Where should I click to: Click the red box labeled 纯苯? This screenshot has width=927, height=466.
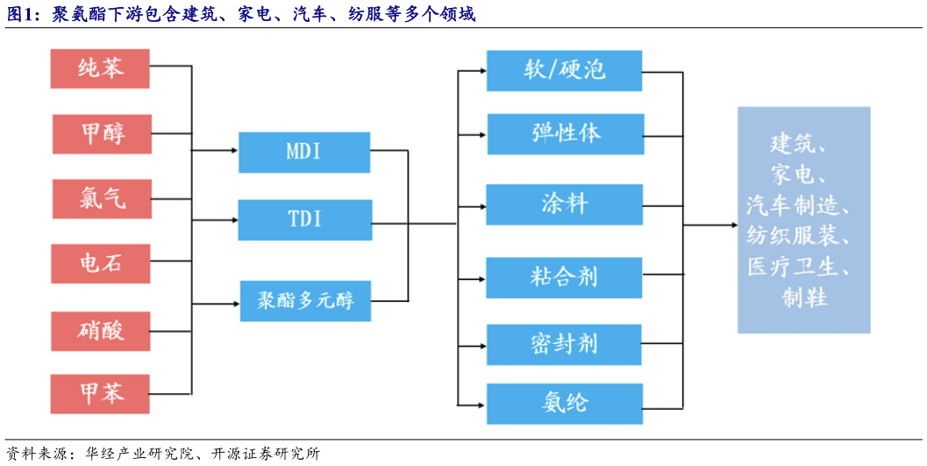pos(100,68)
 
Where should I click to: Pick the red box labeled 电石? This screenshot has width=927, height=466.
pos(100,263)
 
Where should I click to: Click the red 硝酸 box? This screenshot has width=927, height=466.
pos(100,331)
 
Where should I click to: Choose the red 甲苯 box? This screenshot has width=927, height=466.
pos(100,394)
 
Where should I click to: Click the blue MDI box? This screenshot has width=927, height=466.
pos(304,152)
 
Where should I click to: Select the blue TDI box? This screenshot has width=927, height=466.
pos(304,219)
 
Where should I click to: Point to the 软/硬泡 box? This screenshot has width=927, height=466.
pos(565,71)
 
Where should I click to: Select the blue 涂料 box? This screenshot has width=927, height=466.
pos(565,204)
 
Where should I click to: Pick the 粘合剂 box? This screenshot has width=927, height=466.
pos(565,277)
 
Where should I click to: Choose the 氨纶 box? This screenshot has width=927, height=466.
pos(565,404)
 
